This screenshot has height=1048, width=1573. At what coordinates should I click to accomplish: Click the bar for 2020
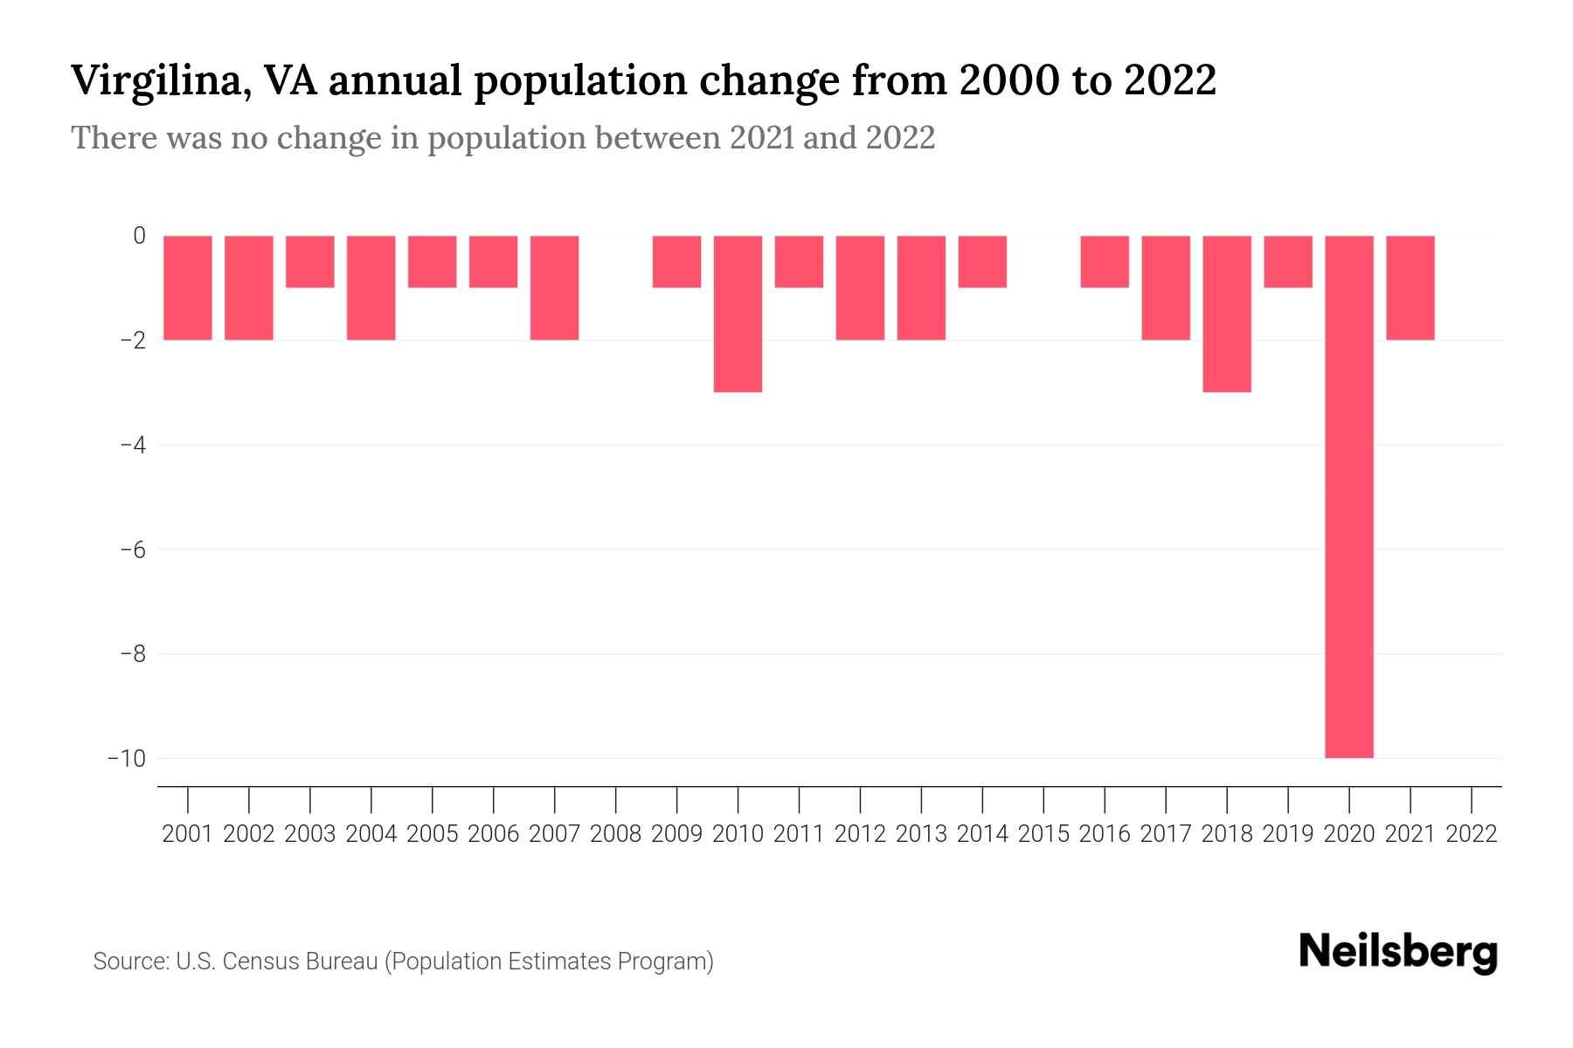[1348, 496]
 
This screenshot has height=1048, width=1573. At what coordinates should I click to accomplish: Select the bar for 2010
[738, 314]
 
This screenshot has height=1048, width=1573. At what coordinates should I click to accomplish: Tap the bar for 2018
[1227, 314]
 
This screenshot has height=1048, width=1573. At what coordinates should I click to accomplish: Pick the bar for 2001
[188, 287]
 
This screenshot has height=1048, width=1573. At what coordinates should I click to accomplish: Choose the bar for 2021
[1410, 287]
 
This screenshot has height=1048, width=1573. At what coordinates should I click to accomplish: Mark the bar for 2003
[310, 261]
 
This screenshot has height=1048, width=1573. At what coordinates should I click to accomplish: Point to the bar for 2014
[982, 261]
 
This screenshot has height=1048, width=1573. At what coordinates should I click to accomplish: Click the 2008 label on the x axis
[615, 834]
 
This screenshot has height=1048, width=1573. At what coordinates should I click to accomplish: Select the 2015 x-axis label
[1043, 834]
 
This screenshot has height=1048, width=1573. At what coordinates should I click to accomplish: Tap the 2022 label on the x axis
[1472, 834]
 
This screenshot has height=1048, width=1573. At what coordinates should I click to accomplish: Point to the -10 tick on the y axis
[127, 758]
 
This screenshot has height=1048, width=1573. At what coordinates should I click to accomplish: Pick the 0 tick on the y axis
[139, 236]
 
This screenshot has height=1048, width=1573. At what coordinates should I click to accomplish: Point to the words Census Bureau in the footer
[300, 962]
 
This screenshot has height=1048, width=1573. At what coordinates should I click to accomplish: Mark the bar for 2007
[554, 287]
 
